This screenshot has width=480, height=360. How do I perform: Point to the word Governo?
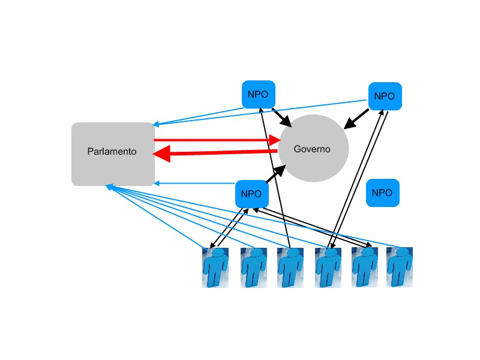(x=312, y=149)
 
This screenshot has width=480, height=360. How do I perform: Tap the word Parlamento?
(x=112, y=151)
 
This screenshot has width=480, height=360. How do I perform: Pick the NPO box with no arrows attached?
(x=382, y=193)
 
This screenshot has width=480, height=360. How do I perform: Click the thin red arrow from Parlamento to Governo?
(x=216, y=140)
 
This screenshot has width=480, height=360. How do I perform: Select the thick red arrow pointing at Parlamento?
(x=216, y=154)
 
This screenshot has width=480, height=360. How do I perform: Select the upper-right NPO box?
(x=384, y=96)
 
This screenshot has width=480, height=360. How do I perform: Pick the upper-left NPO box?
(x=258, y=95)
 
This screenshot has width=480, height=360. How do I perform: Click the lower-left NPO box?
(x=251, y=194)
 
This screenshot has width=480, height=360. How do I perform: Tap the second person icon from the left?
(x=253, y=268)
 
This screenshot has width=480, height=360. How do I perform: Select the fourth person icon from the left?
(x=328, y=268)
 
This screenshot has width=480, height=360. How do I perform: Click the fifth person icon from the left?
(x=364, y=268)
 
